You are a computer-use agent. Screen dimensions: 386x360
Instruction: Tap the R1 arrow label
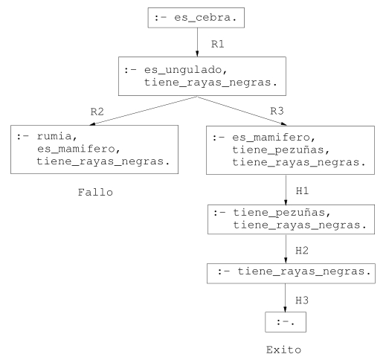click(217, 44)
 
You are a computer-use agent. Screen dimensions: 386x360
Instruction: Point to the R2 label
click(97, 112)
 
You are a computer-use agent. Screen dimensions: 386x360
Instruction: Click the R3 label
click(277, 111)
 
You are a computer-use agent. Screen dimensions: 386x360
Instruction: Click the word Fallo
click(95, 193)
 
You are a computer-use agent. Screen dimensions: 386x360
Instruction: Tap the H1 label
click(302, 190)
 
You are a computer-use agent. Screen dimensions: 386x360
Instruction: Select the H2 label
click(302, 251)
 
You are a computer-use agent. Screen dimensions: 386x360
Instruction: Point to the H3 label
click(302, 300)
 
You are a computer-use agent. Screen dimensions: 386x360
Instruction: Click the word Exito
click(283, 350)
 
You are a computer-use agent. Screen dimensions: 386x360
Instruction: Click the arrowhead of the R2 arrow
click(92, 123)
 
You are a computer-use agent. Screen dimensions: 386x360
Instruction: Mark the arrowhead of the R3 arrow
click(284, 123)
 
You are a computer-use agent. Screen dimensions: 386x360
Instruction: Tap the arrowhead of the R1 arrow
click(197, 54)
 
